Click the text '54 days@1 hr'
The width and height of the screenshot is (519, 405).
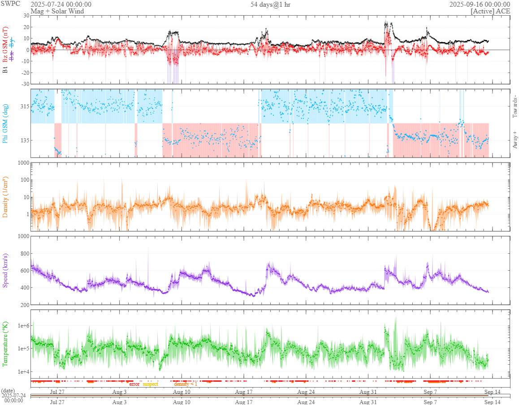(x=270, y=4)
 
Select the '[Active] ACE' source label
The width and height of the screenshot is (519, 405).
(x=490, y=11)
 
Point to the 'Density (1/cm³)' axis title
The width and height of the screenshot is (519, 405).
(x=6, y=196)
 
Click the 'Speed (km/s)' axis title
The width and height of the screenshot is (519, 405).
(x=6, y=270)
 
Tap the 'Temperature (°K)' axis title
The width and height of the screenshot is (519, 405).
(x=6, y=343)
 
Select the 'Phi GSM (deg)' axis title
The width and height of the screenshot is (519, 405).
(x=6, y=123)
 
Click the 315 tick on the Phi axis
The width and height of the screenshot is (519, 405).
(x=23, y=107)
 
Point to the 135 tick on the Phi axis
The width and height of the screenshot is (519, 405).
(x=23, y=140)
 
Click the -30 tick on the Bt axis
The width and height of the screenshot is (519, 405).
(x=24, y=84)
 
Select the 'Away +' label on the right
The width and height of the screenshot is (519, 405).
(x=515, y=140)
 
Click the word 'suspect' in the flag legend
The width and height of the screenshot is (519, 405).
(x=151, y=384)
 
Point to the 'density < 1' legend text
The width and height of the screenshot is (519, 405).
(x=185, y=384)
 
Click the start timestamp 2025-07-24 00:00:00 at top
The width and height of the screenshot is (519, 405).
(x=61, y=4)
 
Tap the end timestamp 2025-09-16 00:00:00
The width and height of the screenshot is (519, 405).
(x=480, y=4)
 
